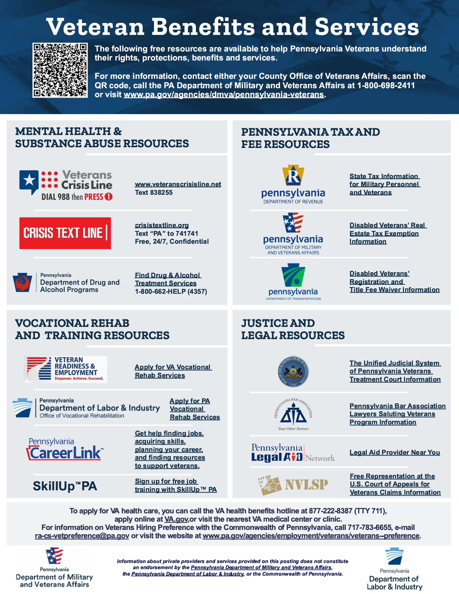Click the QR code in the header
(x=60, y=70)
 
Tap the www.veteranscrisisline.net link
(x=178, y=184)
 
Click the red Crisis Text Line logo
(x=65, y=233)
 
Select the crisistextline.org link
(x=162, y=225)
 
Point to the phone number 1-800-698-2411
(x=386, y=86)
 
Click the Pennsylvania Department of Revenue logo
(x=293, y=185)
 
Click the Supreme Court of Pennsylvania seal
(x=294, y=372)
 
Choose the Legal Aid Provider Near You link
(x=395, y=453)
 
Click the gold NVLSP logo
(x=293, y=485)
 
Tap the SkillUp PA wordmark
(x=65, y=486)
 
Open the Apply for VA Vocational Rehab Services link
(x=173, y=371)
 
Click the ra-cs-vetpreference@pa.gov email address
(x=82, y=536)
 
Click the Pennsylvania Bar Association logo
(x=293, y=414)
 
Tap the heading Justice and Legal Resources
(x=293, y=329)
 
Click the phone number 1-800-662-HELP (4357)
(x=171, y=292)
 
